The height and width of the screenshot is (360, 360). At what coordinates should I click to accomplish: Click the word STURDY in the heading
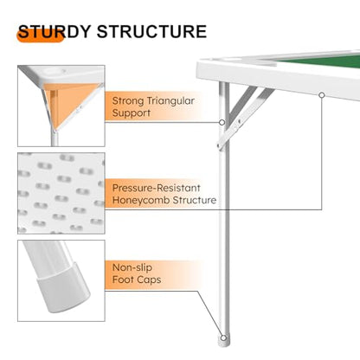(55, 31)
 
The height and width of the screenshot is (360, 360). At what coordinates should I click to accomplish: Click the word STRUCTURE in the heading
(151, 31)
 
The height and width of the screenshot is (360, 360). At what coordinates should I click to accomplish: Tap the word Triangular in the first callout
(170, 101)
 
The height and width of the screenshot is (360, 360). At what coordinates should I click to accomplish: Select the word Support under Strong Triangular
(132, 113)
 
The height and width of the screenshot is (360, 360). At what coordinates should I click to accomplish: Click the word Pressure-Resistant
(156, 188)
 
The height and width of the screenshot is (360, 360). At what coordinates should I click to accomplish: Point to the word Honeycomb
(140, 200)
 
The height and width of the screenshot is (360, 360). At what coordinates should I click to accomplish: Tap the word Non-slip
(132, 267)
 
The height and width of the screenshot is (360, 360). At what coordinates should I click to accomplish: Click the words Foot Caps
(137, 280)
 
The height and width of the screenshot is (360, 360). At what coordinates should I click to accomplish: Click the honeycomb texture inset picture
(61, 193)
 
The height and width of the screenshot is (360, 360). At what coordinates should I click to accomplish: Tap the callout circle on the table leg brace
(222, 122)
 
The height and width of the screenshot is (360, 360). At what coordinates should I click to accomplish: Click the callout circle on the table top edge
(322, 95)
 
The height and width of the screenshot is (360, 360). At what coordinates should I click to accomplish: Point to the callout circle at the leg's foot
(223, 337)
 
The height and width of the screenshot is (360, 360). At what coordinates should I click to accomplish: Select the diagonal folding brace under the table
(245, 118)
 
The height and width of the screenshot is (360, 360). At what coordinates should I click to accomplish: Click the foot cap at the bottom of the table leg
(224, 340)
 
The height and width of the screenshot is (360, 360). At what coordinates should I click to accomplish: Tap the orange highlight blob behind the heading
(40, 35)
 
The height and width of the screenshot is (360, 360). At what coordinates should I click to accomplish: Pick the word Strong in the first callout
(128, 101)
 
